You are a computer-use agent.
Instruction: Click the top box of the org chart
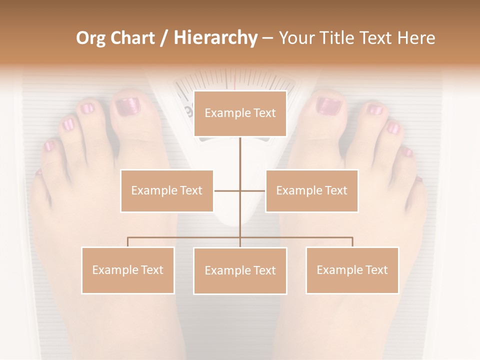(x=240, y=113)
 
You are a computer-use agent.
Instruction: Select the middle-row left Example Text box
(x=167, y=190)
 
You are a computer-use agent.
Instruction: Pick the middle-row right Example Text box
(x=311, y=190)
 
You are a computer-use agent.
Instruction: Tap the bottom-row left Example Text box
(x=128, y=270)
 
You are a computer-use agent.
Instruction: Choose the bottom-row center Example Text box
(x=240, y=270)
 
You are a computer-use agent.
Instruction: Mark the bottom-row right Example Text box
(x=352, y=270)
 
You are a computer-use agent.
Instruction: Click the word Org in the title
(x=90, y=38)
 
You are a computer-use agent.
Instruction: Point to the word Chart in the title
(x=132, y=38)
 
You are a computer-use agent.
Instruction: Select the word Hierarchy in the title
(x=215, y=38)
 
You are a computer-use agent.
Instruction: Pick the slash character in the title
(x=164, y=38)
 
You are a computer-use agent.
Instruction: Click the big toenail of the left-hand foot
(x=127, y=106)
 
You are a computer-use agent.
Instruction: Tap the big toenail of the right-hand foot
(x=328, y=105)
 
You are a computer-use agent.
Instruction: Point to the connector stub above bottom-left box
(x=127, y=242)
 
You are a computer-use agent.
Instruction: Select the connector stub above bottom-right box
(x=352, y=242)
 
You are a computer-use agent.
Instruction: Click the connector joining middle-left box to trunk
(x=226, y=190)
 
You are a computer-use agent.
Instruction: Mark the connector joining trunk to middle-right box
(x=253, y=190)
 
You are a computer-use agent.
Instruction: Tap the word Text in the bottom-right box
(x=376, y=270)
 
